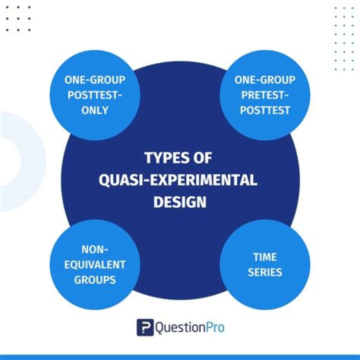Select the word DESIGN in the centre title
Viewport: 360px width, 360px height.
coord(179,202)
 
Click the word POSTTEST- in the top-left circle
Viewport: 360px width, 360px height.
coord(94,95)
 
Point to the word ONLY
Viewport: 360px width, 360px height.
coord(94,110)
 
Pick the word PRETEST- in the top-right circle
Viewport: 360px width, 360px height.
coord(264,95)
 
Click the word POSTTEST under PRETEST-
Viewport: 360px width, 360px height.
coord(264,110)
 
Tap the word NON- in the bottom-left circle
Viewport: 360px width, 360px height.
coord(94,249)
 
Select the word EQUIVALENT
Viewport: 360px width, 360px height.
coord(94,264)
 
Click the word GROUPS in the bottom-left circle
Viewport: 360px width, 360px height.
coord(94,279)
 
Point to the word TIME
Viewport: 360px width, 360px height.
coord(264,257)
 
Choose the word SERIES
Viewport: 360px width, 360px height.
coord(264,272)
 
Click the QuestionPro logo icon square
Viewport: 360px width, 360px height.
coord(145,327)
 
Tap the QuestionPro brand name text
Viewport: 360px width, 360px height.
coord(190,327)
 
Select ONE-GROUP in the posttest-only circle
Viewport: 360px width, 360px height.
coord(94,80)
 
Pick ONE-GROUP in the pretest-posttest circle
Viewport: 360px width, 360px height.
coord(264,80)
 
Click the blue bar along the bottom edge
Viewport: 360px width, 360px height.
coord(180,357)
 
